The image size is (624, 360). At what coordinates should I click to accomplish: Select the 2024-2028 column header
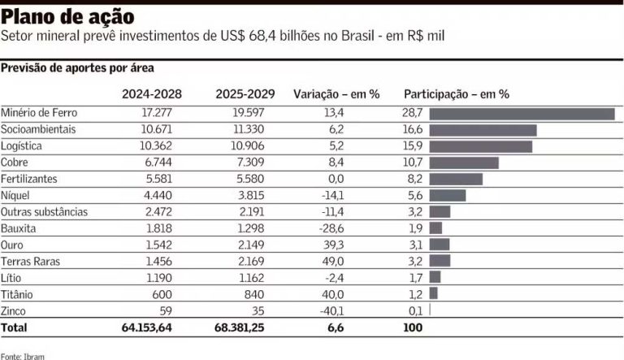coord(152,93)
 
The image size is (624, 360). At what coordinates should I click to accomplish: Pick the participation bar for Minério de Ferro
coord(522,114)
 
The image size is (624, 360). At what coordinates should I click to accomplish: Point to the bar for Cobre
coord(463,163)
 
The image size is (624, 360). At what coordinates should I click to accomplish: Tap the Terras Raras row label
coord(28,261)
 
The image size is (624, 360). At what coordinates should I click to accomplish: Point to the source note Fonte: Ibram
coord(22,355)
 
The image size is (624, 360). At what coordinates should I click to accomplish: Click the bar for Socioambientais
coord(483,130)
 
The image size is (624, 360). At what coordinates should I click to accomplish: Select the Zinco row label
coord(14,310)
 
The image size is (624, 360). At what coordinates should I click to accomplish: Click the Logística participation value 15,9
coord(412,146)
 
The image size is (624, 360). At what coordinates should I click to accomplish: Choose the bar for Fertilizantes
coord(456,179)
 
